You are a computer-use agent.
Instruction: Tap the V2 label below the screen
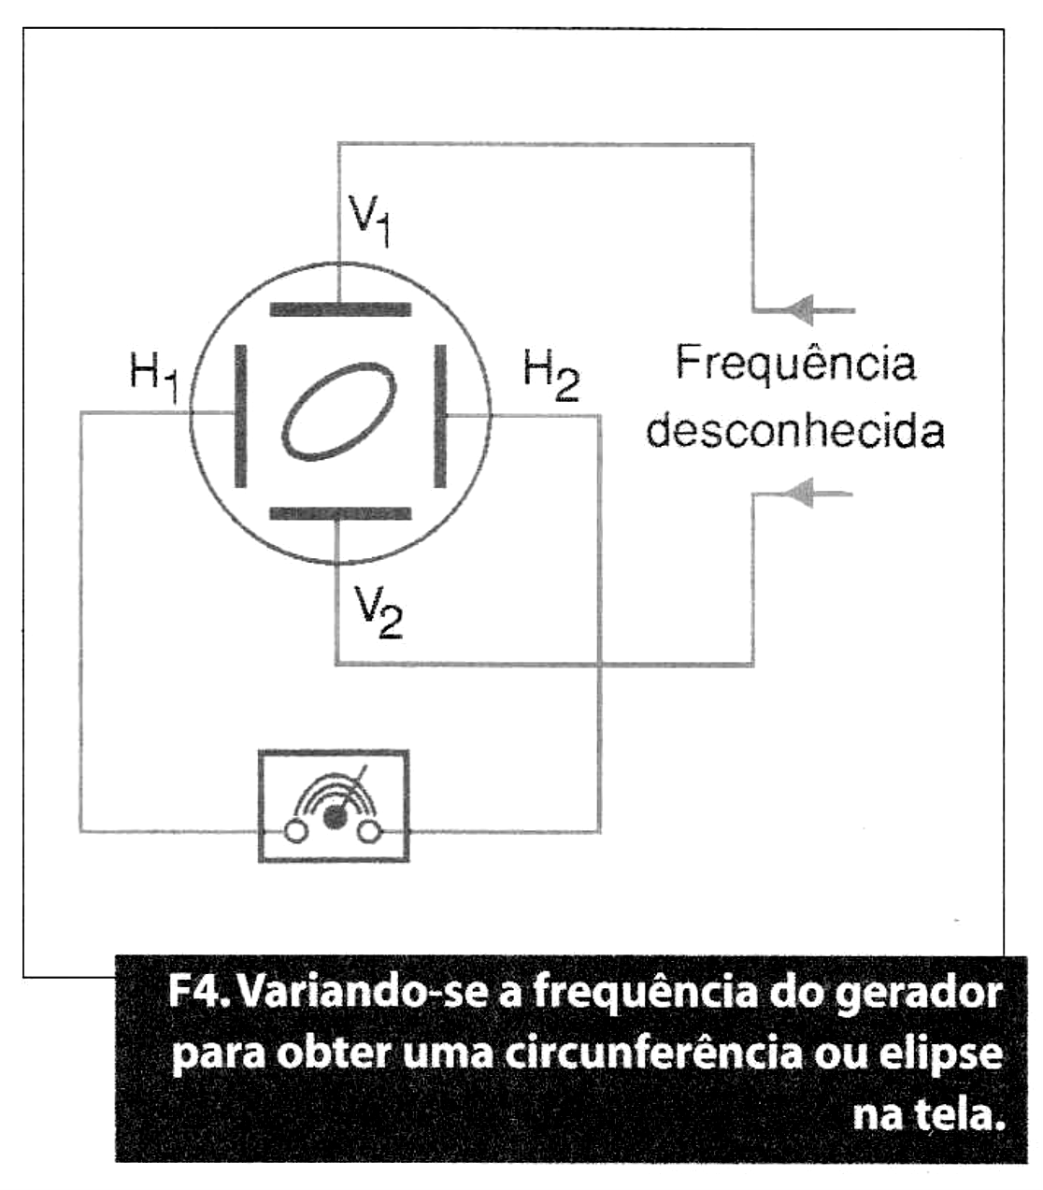point(379,611)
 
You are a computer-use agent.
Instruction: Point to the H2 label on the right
point(550,375)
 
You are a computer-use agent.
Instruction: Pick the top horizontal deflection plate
point(340,309)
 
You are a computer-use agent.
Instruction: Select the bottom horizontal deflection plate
point(340,513)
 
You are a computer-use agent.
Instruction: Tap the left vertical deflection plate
point(240,416)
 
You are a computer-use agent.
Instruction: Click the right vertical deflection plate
point(440,416)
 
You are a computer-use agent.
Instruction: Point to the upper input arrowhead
point(800,309)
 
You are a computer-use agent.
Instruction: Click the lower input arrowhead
point(800,494)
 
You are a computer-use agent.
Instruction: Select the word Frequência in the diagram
point(796,365)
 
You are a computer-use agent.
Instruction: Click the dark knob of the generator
point(335,816)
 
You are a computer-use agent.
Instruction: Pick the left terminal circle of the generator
point(296,832)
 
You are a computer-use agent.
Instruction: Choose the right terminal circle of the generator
point(370,832)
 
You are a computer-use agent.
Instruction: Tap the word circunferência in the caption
point(653,1054)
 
